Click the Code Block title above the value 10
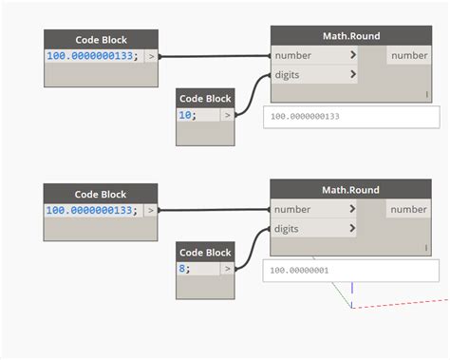[205, 98]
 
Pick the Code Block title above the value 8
[205, 252]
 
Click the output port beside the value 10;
[226, 115]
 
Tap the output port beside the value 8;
[226, 269]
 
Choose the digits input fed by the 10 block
[314, 74]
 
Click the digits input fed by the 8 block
[314, 228]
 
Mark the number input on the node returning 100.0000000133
[314, 55]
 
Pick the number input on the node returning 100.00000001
[314, 209]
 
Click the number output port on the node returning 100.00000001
[409, 209]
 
